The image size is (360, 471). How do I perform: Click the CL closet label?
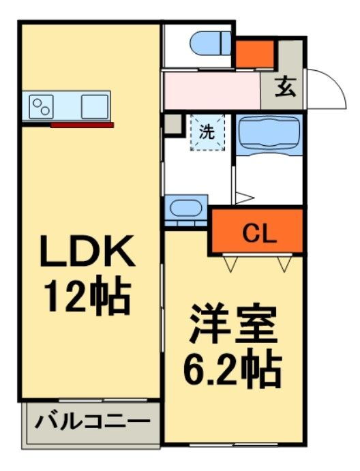tap(260, 234)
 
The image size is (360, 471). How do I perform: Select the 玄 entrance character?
tap(286, 88)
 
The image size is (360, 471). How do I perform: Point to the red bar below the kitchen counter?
tap(82, 125)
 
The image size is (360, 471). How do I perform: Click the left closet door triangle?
tap(230, 262)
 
